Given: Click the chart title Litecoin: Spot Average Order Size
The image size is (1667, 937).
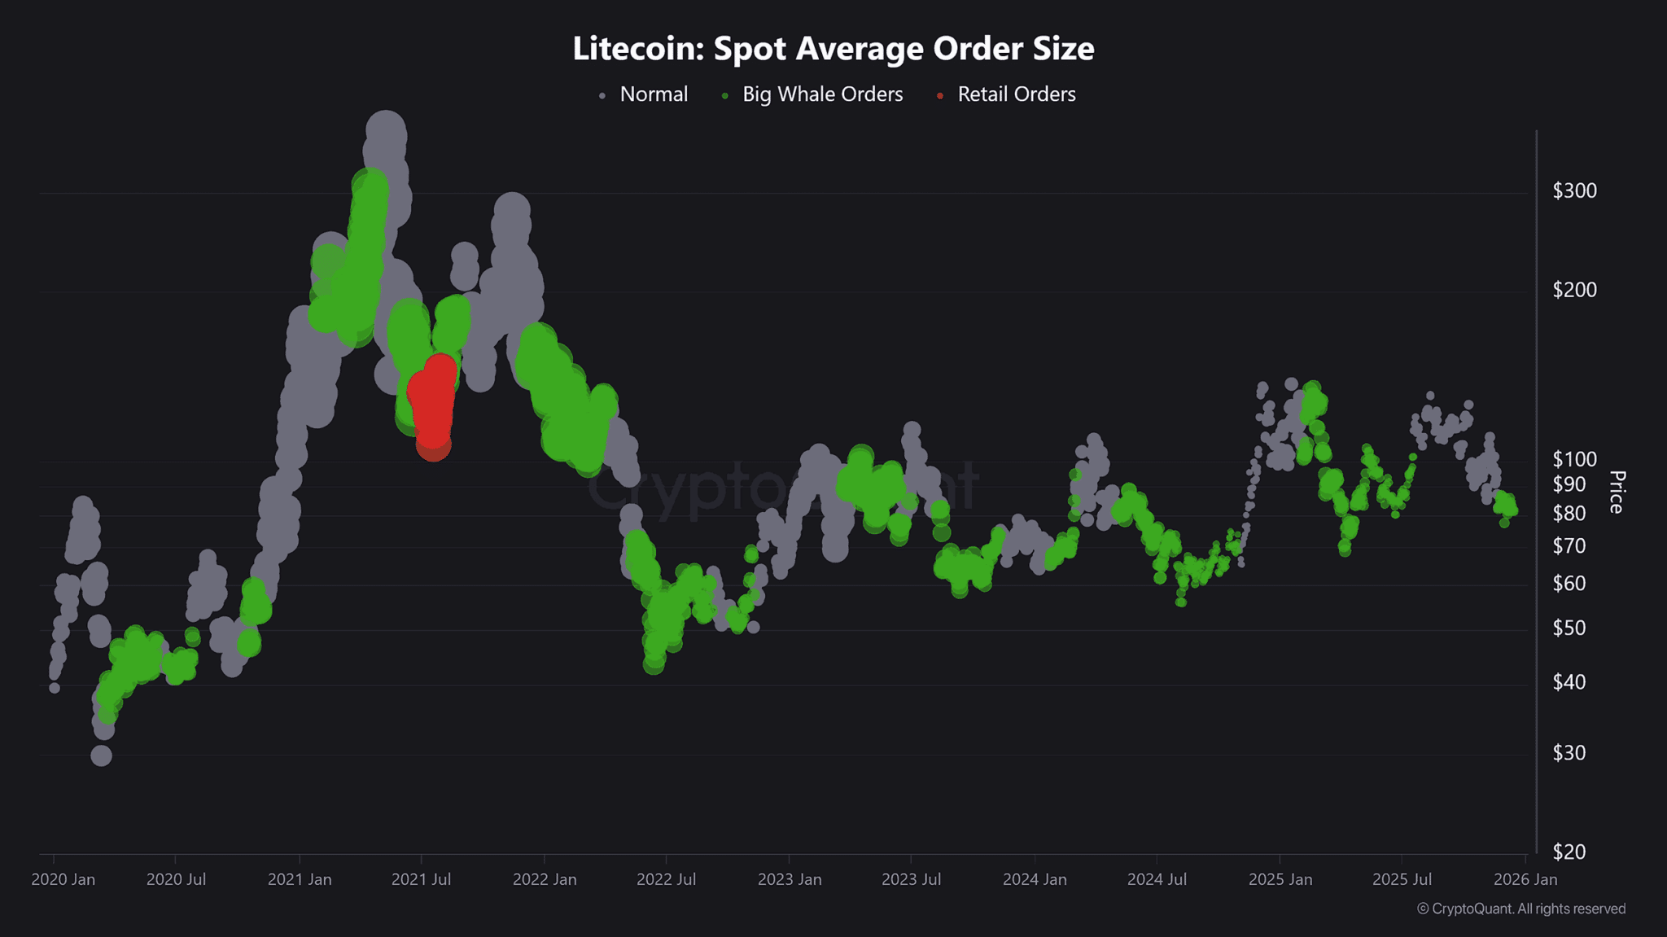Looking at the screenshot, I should [833, 48].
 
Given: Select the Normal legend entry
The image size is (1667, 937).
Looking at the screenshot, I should [653, 94].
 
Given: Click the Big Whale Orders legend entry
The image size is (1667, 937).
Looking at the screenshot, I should [822, 94].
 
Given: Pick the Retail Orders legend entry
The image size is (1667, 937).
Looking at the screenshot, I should [1016, 94].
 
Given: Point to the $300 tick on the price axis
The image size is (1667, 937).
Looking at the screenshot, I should [1574, 190].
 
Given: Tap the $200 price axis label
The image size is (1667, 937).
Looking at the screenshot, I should [1574, 290].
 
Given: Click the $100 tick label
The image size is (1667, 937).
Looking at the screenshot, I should [1574, 459].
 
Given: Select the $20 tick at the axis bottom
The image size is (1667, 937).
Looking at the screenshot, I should [1569, 852].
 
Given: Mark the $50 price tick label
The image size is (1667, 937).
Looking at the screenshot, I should [1569, 628].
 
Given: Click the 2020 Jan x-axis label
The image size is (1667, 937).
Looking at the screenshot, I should [63, 879].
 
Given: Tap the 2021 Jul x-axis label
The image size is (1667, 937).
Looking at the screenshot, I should [421, 879].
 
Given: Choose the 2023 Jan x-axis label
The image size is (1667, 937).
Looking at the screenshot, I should [789, 879].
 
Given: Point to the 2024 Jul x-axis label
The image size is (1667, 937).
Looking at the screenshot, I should [1157, 879].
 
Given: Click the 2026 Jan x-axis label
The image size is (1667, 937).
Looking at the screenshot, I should [1525, 879].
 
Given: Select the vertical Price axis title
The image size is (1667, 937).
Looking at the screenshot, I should [1617, 492].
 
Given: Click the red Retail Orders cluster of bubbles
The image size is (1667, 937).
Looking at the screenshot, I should [432, 403].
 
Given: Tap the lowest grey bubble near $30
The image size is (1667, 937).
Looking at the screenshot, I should [101, 755].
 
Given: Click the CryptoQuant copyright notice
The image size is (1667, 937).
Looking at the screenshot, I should [1520, 909].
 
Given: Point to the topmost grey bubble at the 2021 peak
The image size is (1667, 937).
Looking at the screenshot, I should [386, 130].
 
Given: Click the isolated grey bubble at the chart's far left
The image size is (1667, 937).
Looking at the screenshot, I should [55, 688].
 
